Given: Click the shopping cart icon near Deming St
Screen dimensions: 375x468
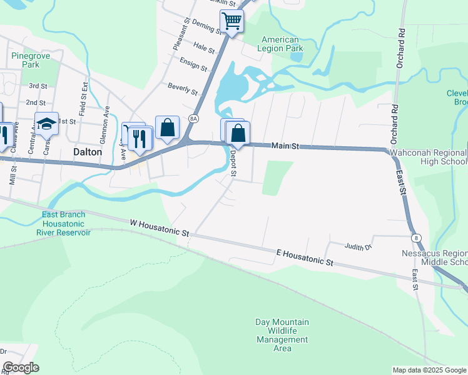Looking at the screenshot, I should coord(232,22).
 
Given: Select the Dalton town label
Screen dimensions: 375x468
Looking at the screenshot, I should coord(88,151).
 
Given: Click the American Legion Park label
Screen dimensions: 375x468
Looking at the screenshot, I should coord(281,44).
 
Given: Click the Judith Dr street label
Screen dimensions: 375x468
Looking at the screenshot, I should coord(358,246).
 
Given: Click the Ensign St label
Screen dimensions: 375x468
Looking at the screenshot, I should coord(193,64).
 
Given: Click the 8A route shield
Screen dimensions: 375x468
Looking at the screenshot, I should coord(193,118).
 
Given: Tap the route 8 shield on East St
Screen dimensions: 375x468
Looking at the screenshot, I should coord(415,238).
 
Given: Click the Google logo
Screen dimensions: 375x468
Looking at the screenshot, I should coord(21,367).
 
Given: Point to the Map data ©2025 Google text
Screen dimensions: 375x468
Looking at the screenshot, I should coord(429,370).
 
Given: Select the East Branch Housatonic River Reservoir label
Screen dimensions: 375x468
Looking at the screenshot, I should coord(66,224).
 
